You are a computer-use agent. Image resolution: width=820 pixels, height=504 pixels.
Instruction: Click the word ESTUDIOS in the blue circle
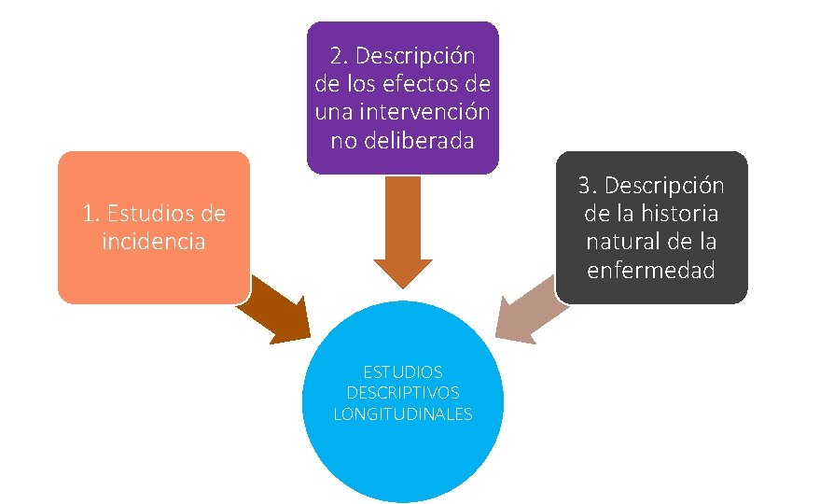(x=403, y=372)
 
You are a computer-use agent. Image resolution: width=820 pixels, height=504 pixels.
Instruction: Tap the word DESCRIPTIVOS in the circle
(x=403, y=393)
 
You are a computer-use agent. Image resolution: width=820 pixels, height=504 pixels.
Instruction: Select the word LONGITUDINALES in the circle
(x=403, y=413)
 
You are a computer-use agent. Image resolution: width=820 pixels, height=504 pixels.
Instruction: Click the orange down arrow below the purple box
(x=403, y=233)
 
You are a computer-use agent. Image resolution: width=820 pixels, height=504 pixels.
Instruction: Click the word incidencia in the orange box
(x=154, y=242)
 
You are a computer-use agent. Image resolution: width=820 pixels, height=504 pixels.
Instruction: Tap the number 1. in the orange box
(x=91, y=214)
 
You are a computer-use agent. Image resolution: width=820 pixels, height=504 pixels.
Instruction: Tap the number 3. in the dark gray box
(x=587, y=186)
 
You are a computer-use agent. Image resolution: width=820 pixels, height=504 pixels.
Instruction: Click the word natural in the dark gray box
(x=624, y=242)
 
